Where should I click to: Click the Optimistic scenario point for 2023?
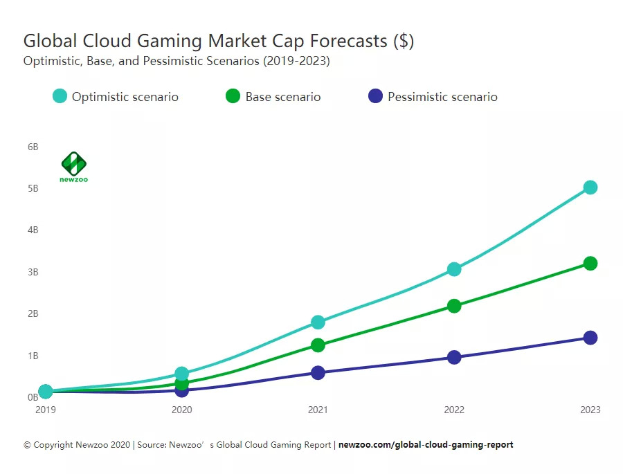coord(590,188)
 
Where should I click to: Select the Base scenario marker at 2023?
coord(590,264)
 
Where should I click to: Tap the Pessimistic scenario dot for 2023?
coord(590,338)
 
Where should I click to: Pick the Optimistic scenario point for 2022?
coord(454,269)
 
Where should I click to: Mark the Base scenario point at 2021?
coord(318,345)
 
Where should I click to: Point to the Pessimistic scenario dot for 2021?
coord(318,373)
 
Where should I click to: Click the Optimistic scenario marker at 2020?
coord(182,374)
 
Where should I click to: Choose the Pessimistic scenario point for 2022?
coord(454,357)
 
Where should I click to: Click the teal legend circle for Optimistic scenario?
coord(60,96)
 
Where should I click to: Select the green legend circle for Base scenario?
coord(233,96)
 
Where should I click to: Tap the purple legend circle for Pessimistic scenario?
coord(375,96)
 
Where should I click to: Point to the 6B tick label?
coord(33,147)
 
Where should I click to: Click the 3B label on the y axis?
coord(33,272)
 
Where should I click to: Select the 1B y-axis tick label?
coord(33,356)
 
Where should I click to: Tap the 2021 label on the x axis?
coord(318,410)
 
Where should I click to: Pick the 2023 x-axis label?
coord(590,410)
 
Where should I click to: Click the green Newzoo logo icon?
coord(73,163)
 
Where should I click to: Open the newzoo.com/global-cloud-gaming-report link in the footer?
coord(426,445)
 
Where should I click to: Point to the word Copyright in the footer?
coord(55,445)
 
